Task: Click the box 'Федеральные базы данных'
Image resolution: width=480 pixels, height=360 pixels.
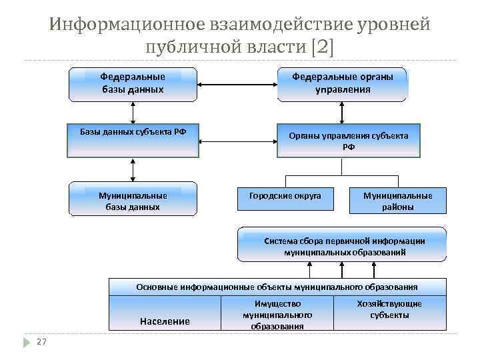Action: (133, 83)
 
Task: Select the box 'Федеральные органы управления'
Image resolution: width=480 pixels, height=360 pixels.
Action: (343, 83)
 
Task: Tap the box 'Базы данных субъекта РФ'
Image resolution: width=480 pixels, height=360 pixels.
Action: (133, 140)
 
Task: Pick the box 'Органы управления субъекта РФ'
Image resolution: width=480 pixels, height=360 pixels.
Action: (348, 141)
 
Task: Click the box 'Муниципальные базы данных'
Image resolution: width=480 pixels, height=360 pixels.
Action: (133, 199)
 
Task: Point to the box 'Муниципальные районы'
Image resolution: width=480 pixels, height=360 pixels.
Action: (397, 199)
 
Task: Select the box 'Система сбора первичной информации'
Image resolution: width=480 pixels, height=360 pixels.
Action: (345, 245)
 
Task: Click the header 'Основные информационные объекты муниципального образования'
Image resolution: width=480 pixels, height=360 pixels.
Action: (277, 287)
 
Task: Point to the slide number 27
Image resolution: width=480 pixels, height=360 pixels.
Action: (41, 342)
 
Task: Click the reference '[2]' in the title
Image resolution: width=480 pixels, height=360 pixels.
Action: (324, 47)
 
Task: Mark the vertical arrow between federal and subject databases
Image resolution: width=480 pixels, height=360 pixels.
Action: (133, 113)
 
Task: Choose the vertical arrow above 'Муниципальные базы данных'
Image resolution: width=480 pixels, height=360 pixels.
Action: (133, 169)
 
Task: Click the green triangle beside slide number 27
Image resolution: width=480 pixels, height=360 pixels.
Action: (27, 342)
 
